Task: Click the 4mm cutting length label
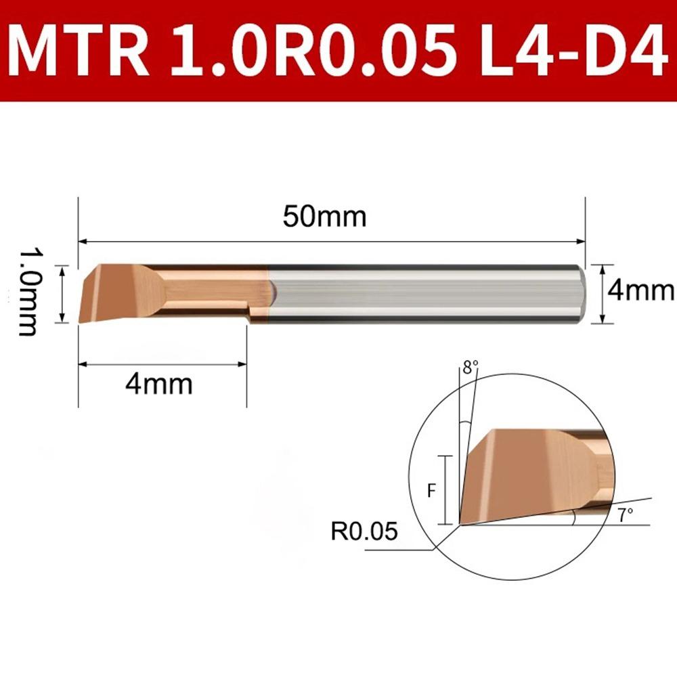[x=159, y=385]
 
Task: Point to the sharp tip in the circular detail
[x=460, y=523]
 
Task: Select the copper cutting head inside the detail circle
[x=521, y=474]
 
